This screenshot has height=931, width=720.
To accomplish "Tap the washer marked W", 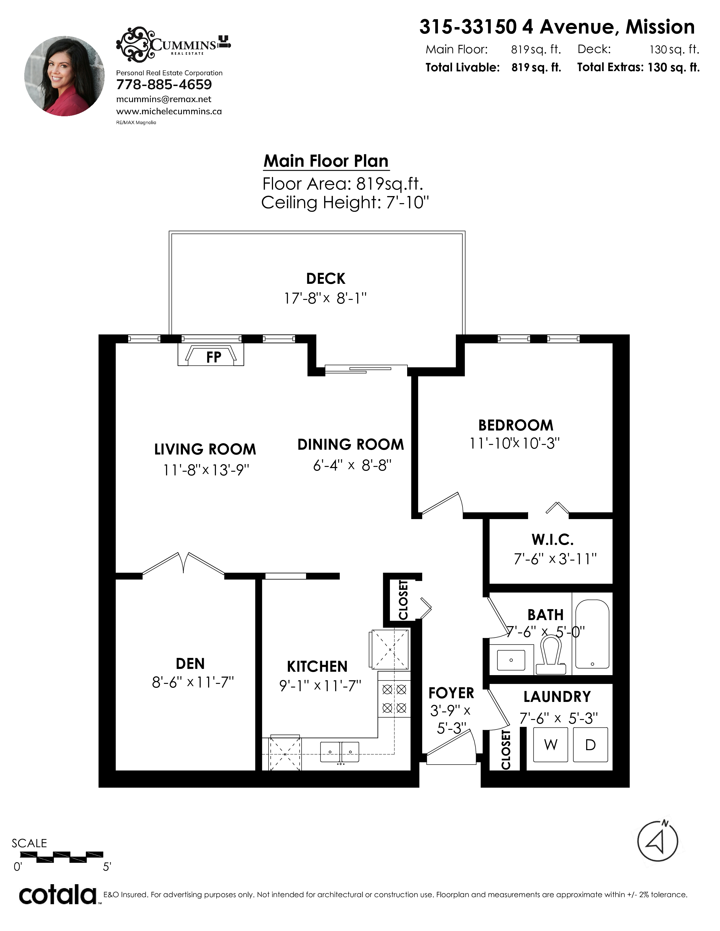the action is coord(551,744).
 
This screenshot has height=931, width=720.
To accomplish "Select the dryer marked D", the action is coord(590,744).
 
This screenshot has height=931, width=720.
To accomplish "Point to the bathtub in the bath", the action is coord(592,634).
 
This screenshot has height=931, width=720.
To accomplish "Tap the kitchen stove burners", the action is coord(394,699).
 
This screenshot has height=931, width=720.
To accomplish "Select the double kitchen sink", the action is coord(339,752).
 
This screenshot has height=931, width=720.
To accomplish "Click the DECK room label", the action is coord(326,278).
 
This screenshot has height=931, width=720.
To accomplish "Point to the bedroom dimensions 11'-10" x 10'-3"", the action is coord(514,443).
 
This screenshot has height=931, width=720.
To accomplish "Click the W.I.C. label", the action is coord(552,540).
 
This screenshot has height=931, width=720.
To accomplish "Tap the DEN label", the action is coord(190,664).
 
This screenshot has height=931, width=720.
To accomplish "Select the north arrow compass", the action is coord(657,841).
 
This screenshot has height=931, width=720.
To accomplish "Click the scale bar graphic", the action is coord(62,856).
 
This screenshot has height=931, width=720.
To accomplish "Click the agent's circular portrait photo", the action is coord(64,76).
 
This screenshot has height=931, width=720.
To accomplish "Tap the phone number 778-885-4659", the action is coord(164,85).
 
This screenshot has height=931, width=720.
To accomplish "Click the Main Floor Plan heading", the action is coord(326,161).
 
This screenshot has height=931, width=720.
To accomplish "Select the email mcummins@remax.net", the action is coord(164,99).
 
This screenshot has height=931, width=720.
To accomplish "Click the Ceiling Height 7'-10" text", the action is coord(345,203).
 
